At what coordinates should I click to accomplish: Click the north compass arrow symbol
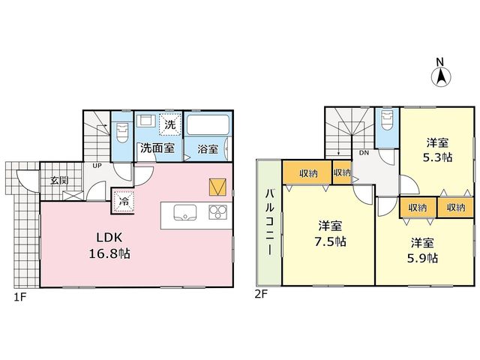pos(441,76)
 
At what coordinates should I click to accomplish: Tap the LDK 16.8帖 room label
pos(109,245)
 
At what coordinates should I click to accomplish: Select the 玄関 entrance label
pos(59,180)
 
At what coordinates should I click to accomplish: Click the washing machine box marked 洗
pos(170,124)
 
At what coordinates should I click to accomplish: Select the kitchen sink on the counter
pos(185,212)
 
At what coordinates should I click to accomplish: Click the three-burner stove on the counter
pos(218,211)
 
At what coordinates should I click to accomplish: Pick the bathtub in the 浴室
pos(208,125)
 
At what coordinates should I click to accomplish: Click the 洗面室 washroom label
pos(157,148)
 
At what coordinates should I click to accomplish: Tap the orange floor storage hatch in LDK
pos(217,187)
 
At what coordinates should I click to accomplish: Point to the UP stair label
pos(97,166)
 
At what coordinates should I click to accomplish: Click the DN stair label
pos(364,153)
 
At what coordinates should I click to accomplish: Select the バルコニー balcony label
pos(269,222)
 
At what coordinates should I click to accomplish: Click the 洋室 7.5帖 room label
pos(330,234)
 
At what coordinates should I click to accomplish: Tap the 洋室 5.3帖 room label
pos(437,150)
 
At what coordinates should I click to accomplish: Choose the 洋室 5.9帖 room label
pos(422,250)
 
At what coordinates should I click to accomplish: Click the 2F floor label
pos(261,294)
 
